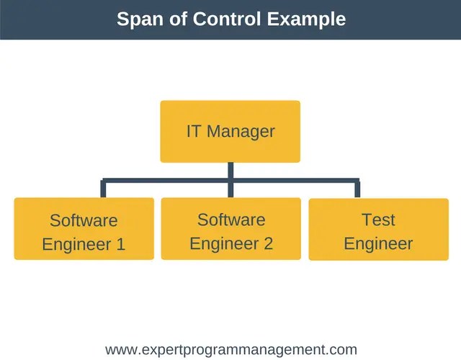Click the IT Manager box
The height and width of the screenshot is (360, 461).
[x=230, y=131]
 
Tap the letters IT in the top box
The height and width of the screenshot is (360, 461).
[x=194, y=132]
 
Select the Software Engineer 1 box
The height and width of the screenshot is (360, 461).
[x=84, y=229]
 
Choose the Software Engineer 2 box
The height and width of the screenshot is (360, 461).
[x=230, y=228]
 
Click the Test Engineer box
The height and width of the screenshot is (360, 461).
[x=378, y=229]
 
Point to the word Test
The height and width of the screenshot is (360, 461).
[x=378, y=219]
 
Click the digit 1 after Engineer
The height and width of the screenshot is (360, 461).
[x=120, y=244]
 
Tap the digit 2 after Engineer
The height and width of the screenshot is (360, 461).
[x=268, y=243]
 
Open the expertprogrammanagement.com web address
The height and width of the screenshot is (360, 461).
[x=230, y=350]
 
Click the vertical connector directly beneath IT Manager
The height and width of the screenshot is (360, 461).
[x=230, y=171]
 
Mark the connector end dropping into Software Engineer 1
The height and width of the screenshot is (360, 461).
[x=104, y=189]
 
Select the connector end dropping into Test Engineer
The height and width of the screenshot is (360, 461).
[x=357, y=189]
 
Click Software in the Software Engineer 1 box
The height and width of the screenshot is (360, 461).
[x=84, y=220]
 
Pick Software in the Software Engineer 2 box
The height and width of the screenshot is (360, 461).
[x=231, y=220]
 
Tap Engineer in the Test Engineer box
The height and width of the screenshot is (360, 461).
[x=378, y=243]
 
